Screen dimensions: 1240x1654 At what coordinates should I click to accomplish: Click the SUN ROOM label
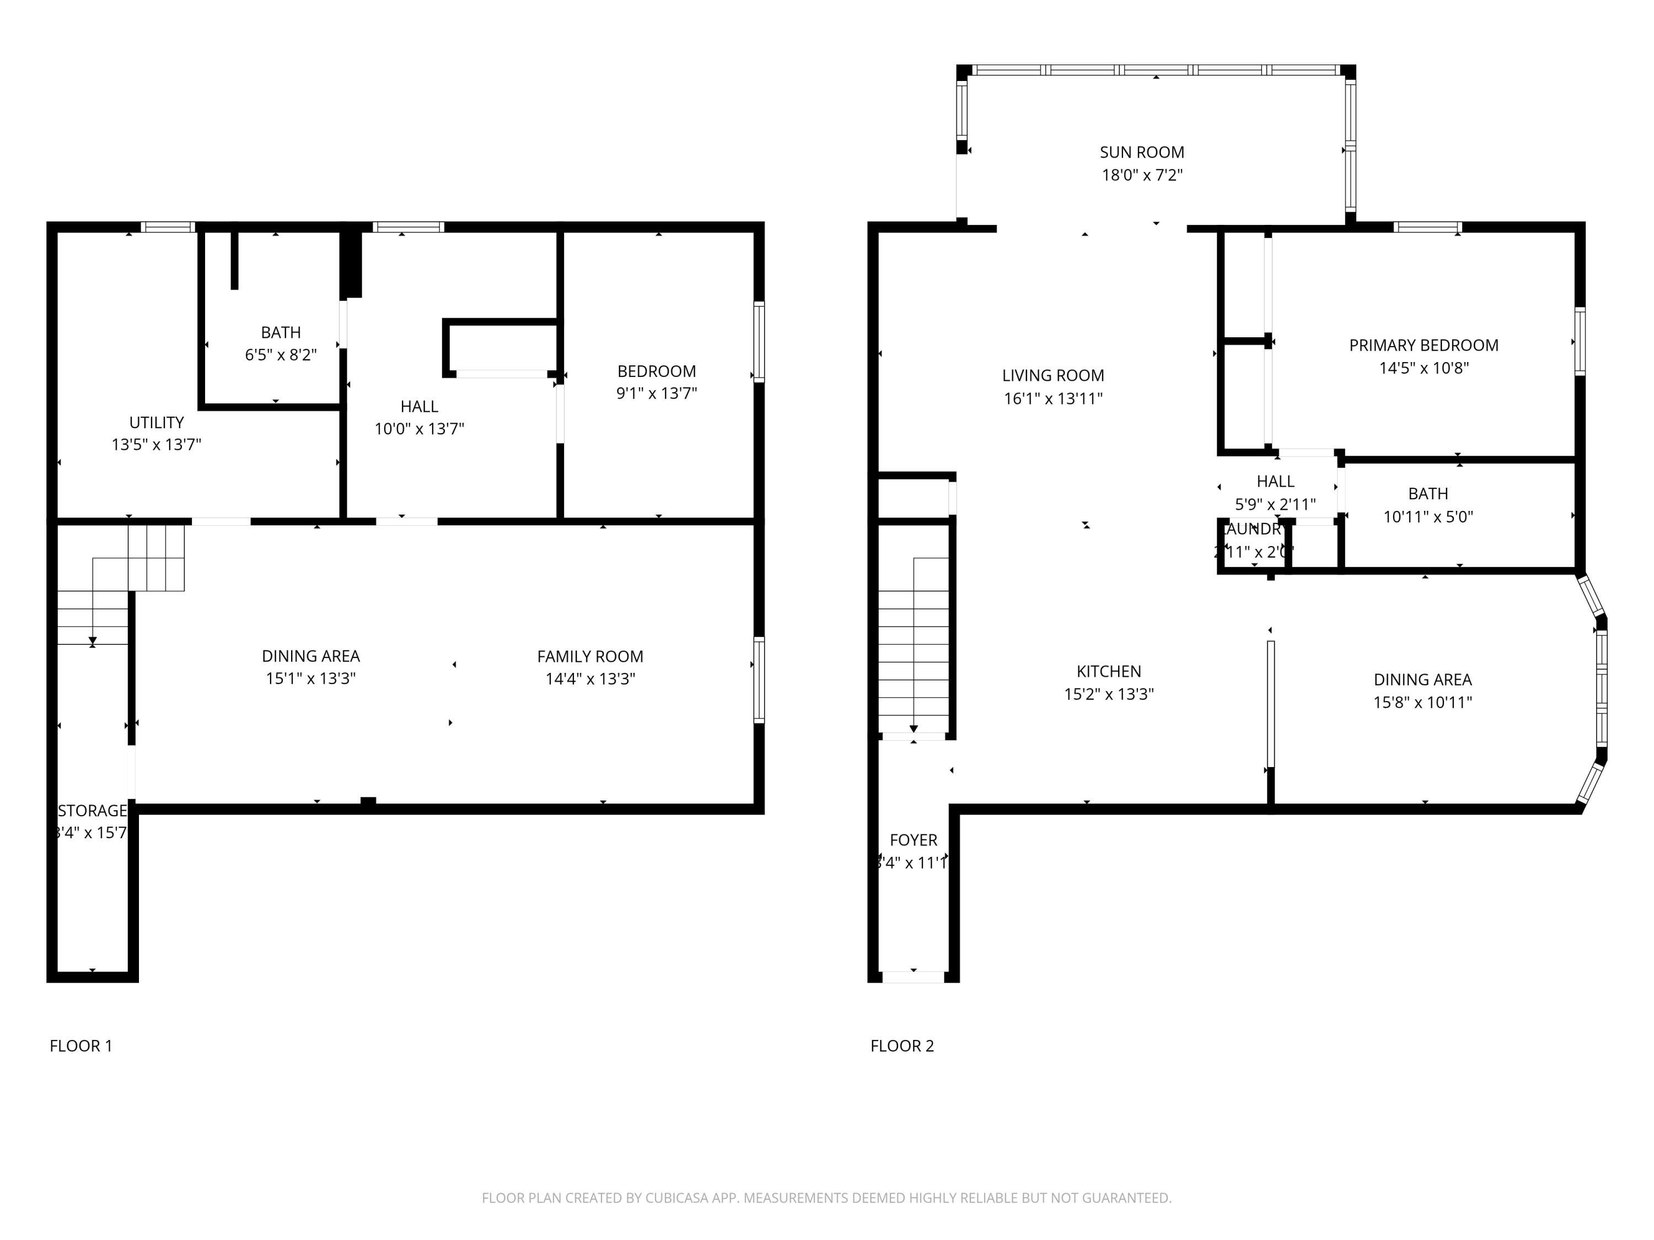pyautogui.click(x=1141, y=153)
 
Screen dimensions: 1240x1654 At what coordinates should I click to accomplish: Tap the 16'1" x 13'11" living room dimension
pyautogui.click(x=1053, y=398)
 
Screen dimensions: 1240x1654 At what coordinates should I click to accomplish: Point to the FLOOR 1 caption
pyautogui.click(x=80, y=1045)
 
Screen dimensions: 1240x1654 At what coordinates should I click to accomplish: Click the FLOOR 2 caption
pyautogui.click(x=902, y=1045)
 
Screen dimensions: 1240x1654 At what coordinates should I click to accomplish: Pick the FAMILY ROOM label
pyautogui.click(x=589, y=656)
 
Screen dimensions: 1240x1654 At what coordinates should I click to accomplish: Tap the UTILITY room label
pyautogui.click(x=156, y=422)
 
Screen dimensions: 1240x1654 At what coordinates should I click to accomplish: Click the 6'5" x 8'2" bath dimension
pyautogui.click(x=281, y=355)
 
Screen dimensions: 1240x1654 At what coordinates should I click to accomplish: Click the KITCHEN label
pyautogui.click(x=1108, y=671)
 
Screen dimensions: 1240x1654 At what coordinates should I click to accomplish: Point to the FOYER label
pyautogui.click(x=913, y=840)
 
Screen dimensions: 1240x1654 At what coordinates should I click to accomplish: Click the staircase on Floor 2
pyautogui.click(x=913, y=646)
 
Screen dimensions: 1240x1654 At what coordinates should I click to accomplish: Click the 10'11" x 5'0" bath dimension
pyautogui.click(x=1427, y=516)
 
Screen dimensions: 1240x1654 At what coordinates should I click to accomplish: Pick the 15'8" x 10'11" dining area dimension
pyautogui.click(x=1422, y=703)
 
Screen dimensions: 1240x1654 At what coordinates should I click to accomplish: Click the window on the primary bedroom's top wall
pyautogui.click(x=1427, y=227)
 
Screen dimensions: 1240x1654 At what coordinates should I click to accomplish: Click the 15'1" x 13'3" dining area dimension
pyautogui.click(x=310, y=678)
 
